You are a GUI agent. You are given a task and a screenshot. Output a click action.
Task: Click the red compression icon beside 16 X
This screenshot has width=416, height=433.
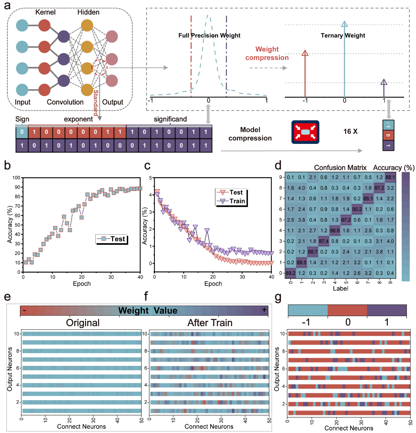coord(305,132)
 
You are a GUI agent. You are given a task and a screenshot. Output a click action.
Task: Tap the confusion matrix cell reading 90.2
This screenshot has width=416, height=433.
coord(357,209)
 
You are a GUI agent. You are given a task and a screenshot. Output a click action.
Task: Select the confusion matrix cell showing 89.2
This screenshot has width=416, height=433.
coord(290,273)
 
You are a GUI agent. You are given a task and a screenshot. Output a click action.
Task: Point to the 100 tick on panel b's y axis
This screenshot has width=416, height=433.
coord(16,178)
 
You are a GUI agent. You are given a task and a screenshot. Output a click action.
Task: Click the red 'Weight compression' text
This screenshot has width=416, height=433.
coord(267,53)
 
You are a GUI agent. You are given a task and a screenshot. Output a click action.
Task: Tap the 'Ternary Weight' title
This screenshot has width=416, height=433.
coord(343,35)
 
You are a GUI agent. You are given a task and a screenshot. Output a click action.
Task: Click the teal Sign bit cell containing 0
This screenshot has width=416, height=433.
coord(22,132)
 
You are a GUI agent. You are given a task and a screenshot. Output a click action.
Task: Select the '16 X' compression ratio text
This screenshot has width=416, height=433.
coord(350,131)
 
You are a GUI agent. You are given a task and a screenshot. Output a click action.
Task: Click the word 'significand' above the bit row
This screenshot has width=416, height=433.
coord(170,119)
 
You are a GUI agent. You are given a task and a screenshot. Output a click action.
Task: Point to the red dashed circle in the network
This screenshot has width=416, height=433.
coord(100,68)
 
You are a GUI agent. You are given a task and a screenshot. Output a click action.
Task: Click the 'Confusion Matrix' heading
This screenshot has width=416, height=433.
coord(340,168)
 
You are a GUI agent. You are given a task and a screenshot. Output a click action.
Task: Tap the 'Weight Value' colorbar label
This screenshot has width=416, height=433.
coord(148,310)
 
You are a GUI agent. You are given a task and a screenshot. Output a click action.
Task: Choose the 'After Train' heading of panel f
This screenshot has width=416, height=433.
coord(210,323)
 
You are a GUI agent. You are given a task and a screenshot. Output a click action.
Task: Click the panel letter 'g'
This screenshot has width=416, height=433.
coord(278,297)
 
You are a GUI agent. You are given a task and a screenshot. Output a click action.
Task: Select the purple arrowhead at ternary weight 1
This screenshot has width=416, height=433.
coord(384,82)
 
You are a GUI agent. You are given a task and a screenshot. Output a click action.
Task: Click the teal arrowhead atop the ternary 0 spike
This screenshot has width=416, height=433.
coord(344,24)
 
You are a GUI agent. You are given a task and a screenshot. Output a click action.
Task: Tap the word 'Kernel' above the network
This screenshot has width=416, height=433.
coord(45,12)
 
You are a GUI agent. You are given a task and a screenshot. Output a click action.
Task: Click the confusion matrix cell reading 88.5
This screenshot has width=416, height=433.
coord(302,263)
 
